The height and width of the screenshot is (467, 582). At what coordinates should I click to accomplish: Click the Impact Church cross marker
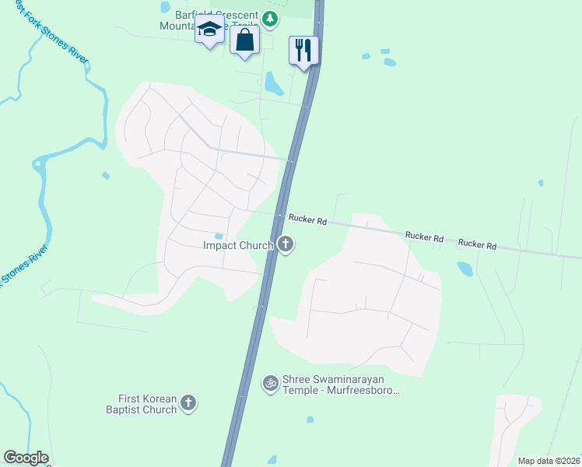tap(286, 245)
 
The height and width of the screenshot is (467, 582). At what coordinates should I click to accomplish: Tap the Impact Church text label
tap(237, 246)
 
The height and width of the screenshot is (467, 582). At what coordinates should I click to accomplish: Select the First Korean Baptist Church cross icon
tap(188, 403)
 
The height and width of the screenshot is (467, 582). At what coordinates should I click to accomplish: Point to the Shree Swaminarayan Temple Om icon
tap(271, 383)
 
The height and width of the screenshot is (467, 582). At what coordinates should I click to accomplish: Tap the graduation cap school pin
tap(209, 30)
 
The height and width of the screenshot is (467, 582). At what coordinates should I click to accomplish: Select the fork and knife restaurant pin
tap(302, 50)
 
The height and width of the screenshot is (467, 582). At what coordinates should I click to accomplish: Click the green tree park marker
tap(269, 19)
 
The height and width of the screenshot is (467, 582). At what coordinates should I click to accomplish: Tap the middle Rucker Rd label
tap(424, 236)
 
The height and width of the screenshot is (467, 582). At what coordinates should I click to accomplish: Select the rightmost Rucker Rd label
tap(477, 244)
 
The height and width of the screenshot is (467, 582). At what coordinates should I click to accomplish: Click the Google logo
tap(26, 458)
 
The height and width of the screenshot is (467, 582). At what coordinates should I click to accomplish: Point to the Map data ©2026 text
tap(549, 461)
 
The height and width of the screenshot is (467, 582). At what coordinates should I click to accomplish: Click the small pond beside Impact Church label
tap(219, 236)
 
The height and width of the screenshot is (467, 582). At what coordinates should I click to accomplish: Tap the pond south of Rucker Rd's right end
tap(465, 269)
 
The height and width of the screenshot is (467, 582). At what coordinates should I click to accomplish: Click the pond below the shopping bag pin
tap(274, 82)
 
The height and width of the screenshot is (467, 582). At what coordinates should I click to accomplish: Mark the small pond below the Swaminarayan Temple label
tap(310, 420)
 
